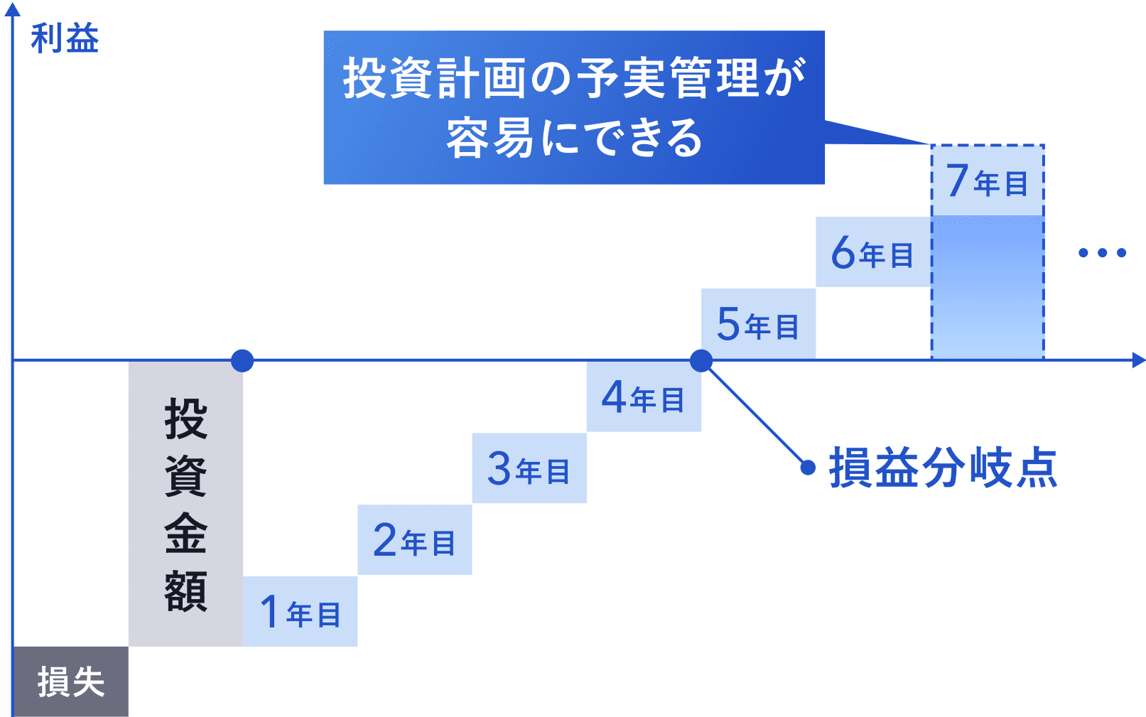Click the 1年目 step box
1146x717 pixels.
301,611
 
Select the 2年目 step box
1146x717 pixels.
415,539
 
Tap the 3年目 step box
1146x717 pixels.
529,468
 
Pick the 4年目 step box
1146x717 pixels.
644,397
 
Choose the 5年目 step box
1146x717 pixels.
759,323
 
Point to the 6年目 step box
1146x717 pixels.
873,252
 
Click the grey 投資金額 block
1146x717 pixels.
185,504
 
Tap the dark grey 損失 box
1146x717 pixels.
70,681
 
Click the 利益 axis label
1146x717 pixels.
65,38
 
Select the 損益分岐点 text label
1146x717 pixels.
943,468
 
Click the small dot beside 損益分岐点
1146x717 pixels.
808,468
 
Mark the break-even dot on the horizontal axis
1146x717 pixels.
701,360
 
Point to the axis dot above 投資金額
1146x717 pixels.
242,360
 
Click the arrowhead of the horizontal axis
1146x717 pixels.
1139,360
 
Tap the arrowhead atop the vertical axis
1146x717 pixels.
12,9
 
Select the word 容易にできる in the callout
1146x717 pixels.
575,138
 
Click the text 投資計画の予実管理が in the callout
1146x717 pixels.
575,77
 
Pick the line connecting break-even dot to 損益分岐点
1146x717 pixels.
755,414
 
